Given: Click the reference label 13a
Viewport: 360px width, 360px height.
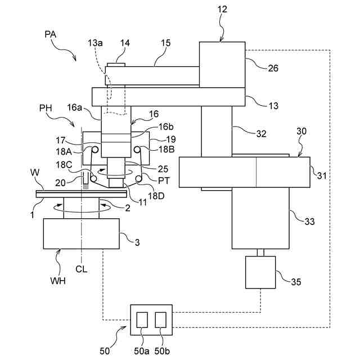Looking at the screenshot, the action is tap(95, 43).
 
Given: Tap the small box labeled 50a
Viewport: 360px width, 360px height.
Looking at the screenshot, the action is tap(142, 319).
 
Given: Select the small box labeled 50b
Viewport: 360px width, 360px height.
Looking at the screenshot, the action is tap(160, 319).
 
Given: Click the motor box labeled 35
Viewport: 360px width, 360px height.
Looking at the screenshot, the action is tap(260, 272).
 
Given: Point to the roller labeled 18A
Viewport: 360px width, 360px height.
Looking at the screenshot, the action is tap(95, 150).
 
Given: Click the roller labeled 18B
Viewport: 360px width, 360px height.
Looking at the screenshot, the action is tap(137, 150).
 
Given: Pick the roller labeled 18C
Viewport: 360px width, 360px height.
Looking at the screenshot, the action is tap(93, 178).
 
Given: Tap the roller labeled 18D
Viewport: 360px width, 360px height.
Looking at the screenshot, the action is tap(138, 178).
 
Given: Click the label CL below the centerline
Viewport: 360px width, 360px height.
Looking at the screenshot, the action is tap(81, 269).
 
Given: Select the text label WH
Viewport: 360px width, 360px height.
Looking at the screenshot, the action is tap(58, 281).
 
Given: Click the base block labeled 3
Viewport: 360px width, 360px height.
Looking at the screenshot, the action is tap(81, 233).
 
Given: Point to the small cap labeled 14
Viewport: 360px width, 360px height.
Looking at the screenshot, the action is tap(116, 65).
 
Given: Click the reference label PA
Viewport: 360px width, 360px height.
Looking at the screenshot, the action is tap(50, 34).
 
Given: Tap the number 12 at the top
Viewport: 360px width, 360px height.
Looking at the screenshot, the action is tap(222, 9).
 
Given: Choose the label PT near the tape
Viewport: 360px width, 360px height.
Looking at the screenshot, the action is tap(164, 181).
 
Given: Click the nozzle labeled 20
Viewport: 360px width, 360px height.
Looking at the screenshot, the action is tap(85, 181).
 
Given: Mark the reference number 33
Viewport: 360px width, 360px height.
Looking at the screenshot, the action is tap(309, 222).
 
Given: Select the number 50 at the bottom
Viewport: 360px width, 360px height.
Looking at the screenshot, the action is tap(105, 351).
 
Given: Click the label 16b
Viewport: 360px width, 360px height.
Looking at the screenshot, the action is tap(166, 127).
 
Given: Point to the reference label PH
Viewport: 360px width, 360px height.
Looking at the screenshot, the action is tap(46, 108).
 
